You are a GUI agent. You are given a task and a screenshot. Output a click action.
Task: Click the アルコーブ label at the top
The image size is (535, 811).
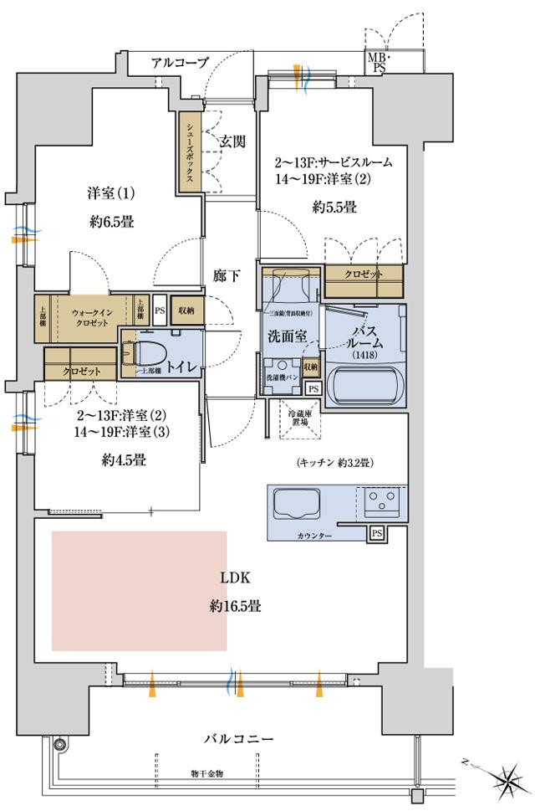[179, 63]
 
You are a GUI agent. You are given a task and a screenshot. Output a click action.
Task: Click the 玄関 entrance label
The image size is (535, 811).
[232, 141]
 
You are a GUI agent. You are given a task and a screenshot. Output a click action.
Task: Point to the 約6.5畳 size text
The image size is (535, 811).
[110, 222]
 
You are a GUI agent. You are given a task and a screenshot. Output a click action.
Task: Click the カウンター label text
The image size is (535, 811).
[314, 535]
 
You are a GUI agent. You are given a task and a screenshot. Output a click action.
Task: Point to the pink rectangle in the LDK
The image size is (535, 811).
[139, 590]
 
